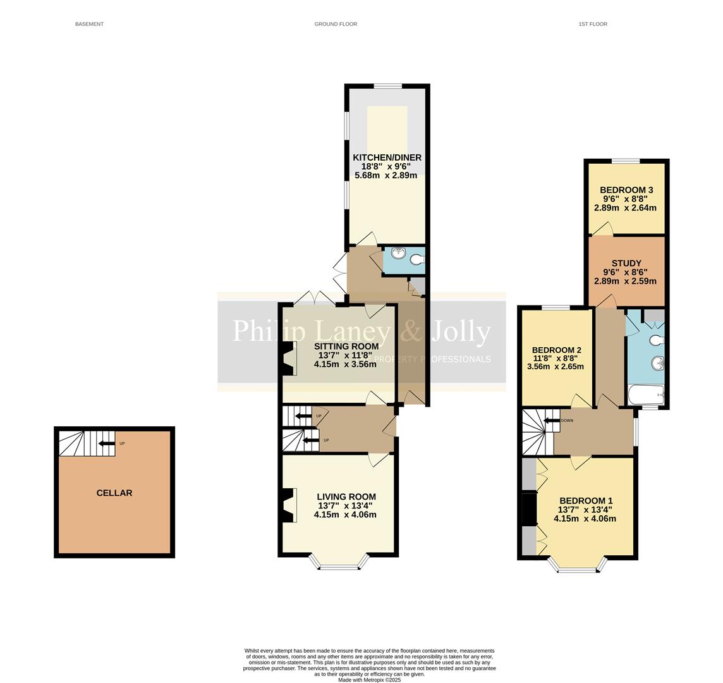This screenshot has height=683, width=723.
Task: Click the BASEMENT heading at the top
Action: tap(89, 24)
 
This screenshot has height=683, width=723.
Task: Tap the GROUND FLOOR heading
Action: tap(336, 24)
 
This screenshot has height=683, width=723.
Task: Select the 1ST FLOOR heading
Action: tap(592, 24)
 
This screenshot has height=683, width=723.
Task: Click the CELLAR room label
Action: tap(114, 493)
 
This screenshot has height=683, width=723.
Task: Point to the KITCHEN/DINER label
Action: tap(387, 157)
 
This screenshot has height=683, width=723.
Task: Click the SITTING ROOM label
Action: tap(346, 346)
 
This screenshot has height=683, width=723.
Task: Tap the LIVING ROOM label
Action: tap(346, 497)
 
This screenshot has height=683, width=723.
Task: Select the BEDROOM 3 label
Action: tap(626, 190)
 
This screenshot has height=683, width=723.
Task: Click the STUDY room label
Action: tap(626, 263)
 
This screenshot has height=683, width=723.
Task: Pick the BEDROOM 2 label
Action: tap(556, 350)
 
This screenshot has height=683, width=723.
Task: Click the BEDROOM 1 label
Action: tap(585, 500)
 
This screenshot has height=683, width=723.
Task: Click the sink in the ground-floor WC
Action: tap(398, 254)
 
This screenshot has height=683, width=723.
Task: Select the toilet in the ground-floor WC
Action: tap(417, 259)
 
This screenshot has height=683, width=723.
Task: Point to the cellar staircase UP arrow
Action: tap(106, 443)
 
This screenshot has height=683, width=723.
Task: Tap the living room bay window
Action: tap(339, 565)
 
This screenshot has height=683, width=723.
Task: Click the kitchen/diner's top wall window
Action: tap(387, 86)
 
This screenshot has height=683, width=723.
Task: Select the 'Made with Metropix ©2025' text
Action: tap(369, 680)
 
